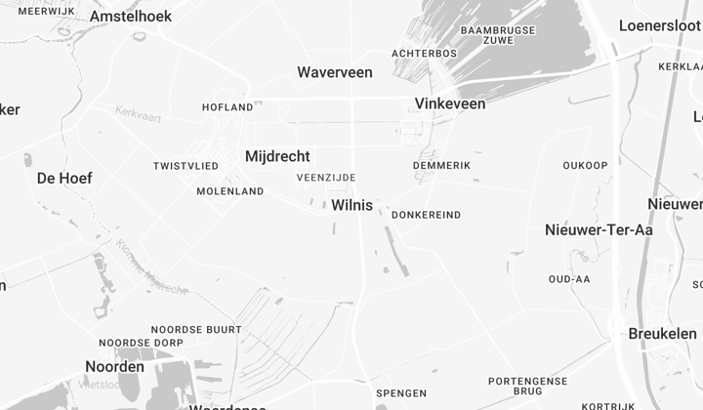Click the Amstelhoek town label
point(131,17)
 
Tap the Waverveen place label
point(335,72)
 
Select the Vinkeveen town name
point(450,103)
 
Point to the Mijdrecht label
point(277,156)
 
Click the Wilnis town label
point(352,205)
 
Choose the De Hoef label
point(64,178)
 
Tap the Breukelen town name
point(663,334)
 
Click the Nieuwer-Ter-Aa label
point(599,229)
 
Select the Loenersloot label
point(660,25)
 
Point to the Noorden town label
point(115,367)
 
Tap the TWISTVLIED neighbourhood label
point(186,167)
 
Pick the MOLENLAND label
point(230,191)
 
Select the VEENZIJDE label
point(326,178)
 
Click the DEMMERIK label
point(441,166)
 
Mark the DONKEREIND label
point(426,215)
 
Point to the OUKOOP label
point(585,166)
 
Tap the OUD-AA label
point(569,279)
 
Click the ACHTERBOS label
point(424,53)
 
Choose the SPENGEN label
point(401,393)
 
